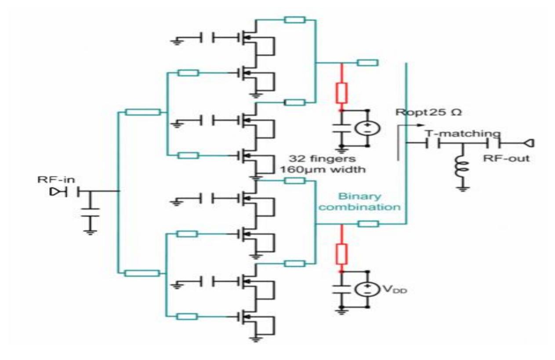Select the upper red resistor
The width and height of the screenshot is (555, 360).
[341, 92]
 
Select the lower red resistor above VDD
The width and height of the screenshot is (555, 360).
[341, 254]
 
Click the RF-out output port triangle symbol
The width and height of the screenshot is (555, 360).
[529, 142]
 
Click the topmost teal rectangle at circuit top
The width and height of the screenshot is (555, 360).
[294, 19]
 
